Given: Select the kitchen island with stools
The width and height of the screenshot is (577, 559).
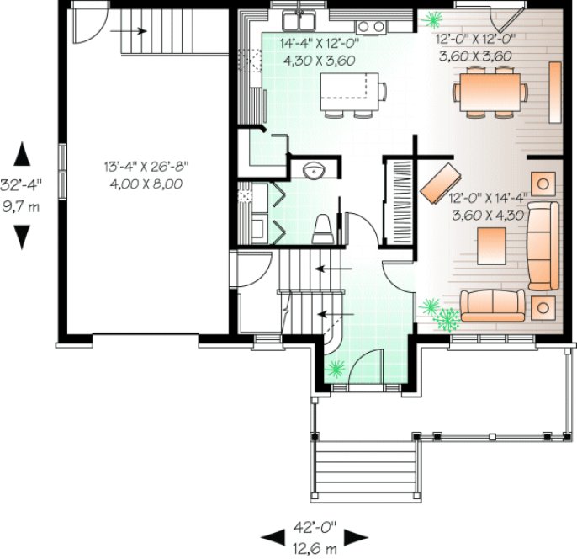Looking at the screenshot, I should [x=352, y=90].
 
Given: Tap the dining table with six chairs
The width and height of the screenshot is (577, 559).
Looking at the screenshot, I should [x=488, y=88].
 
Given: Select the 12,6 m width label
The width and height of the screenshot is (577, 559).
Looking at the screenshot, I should [x=315, y=548].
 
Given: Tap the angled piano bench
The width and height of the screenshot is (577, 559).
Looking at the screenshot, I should [x=441, y=183].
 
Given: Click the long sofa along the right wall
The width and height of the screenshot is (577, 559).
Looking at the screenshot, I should [x=543, y=245].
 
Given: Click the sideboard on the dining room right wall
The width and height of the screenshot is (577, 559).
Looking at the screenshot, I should [x=554, y=90].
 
